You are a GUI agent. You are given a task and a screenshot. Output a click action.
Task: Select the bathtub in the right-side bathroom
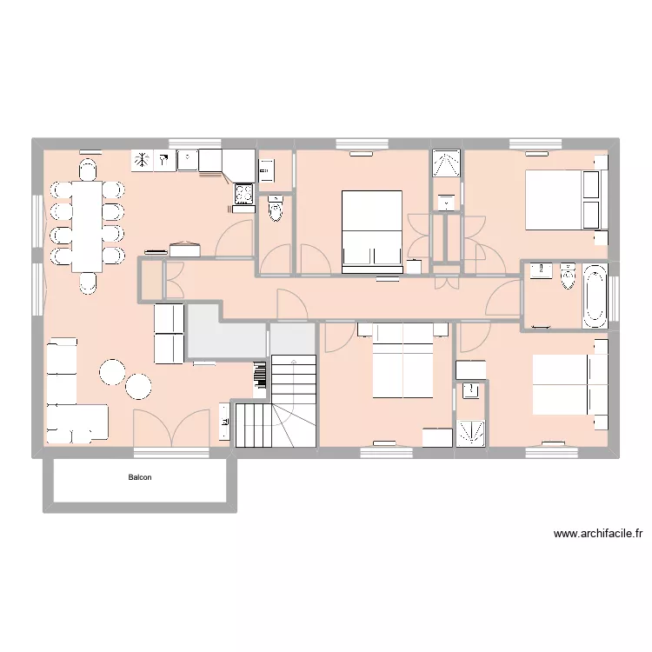click(x=595, y=295)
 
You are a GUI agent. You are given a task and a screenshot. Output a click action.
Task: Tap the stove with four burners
click(x=243, y=196)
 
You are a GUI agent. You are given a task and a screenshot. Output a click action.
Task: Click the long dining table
click(x=86, y=225)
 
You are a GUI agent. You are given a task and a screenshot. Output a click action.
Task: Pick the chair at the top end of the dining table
click(x=89, y=167)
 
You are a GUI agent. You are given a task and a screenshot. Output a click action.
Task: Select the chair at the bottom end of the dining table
click(x=89, y=283)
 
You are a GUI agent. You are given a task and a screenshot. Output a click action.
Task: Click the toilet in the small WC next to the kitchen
click(x=276, y=210)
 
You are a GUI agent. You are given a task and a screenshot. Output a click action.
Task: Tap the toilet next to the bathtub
click(x=569, y=276)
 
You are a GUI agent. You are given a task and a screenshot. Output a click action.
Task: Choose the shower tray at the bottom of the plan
click(x=472, y=432)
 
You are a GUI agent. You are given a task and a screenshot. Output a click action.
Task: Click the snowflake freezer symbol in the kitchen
click(x=141, y=160)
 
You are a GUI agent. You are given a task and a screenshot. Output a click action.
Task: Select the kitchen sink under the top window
click(x=189, y=160)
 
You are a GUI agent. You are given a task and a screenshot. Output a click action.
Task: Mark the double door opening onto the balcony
click(x=171, y=430)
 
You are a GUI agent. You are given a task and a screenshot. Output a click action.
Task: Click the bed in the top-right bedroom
click(x=554, y=199)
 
